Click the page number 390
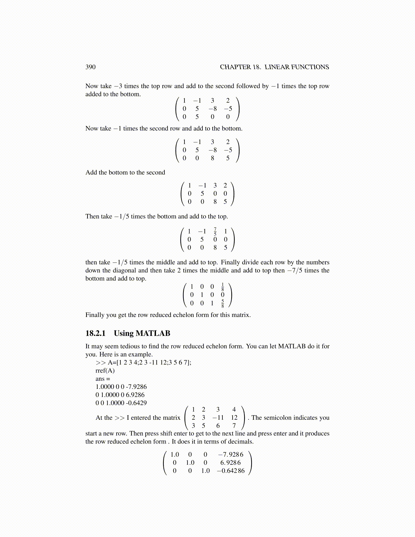pos(91,67)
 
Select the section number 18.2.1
pos(95,333)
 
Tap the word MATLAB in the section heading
pos(153,333)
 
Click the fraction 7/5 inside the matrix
pos(215,232)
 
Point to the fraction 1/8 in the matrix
pos(222,287)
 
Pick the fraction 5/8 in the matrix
pos(222,303)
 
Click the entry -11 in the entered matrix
pos(218,418)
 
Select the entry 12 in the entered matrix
pos(234,418)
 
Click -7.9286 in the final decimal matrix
pos(231,455)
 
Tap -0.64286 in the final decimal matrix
pos(231,471)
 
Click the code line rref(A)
pos(105,371)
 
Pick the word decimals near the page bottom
pos(241,441)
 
